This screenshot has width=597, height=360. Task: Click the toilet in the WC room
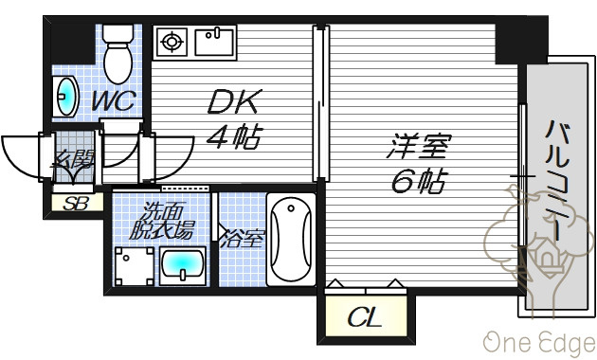[118, 53]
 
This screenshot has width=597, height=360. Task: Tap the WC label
[114, 100]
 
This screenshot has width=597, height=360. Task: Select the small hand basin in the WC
[65, 97]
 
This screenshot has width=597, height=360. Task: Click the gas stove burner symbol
[171, 42]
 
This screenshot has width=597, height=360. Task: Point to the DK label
[235, 101]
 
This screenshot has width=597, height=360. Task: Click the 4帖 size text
[235, 136]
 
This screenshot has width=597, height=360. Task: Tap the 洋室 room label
[419, 146]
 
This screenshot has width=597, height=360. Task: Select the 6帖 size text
[419, 181]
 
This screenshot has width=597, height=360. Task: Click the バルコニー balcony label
[557, 180]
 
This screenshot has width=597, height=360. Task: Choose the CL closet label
[365, 317]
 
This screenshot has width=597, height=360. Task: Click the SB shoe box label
[76, 204]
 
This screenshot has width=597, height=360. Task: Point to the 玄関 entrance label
[72, 159]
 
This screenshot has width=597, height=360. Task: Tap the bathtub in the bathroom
[291, 240]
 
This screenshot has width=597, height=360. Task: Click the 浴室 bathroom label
[243, 240]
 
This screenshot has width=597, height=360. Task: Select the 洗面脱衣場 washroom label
[161, 221]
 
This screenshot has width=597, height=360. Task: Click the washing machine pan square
[135, 266]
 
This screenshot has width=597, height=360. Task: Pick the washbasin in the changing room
[183, 265]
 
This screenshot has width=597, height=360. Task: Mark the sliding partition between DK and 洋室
[321, 102]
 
